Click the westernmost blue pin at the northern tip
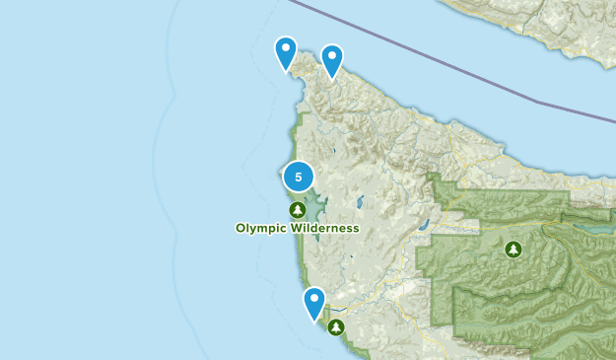pos(286,51)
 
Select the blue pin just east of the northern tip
pos(332,59)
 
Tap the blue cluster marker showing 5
pos(299,177)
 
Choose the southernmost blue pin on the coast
pos(314,302)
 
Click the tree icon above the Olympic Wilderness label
pos(297,209)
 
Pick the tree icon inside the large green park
pos(513,250)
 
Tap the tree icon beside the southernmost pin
pos(337,326)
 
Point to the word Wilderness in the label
pos(323,228)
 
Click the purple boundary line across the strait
pos(414,48)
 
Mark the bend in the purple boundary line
pos(538,102)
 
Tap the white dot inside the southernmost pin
pos(314,298)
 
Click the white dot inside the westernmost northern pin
pos(286,47)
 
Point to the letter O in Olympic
pos(241,228)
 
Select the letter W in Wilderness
pos(293,228)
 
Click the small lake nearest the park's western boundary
pos(424,224)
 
